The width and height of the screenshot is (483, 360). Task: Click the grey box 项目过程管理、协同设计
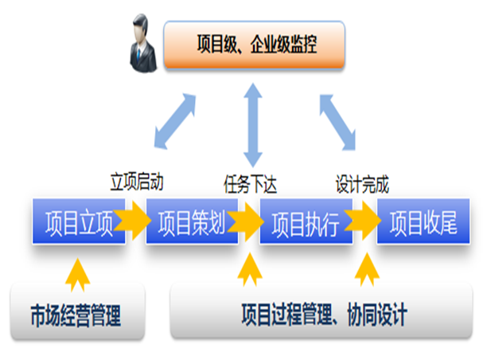tap(323, 314)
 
